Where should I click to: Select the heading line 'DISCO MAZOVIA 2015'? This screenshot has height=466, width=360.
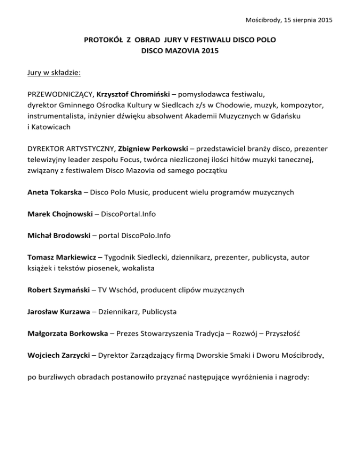point(180,53)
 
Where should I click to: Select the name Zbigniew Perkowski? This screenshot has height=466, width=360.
point(155,147)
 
